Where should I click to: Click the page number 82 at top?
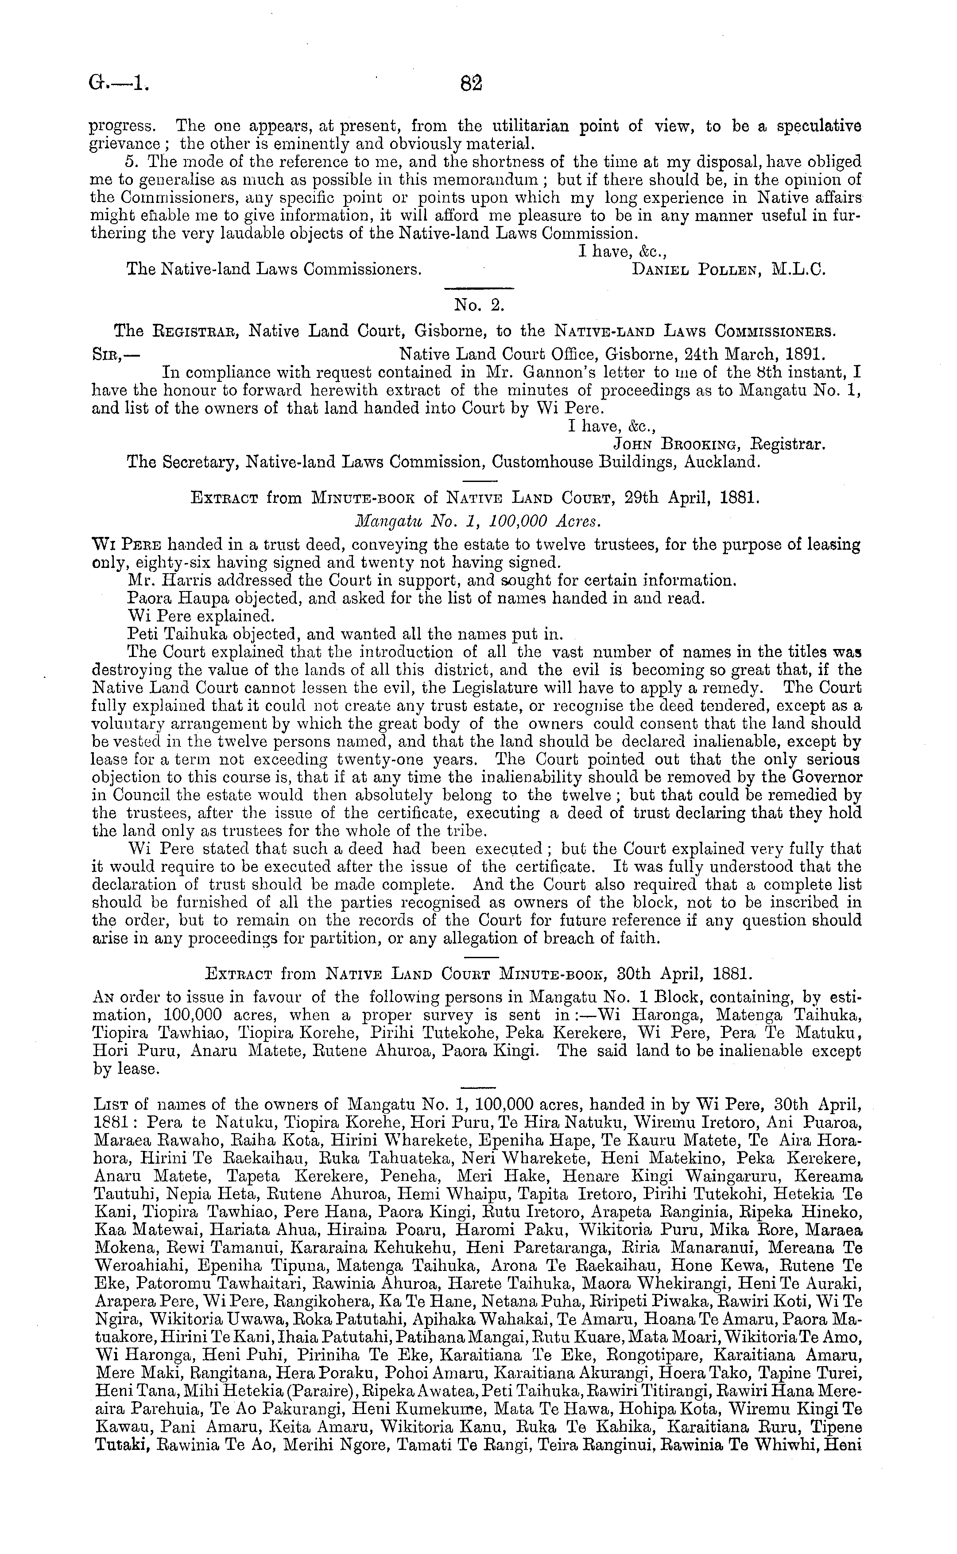coord(472,83)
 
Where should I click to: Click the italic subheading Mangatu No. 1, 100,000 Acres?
coord(478,521)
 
